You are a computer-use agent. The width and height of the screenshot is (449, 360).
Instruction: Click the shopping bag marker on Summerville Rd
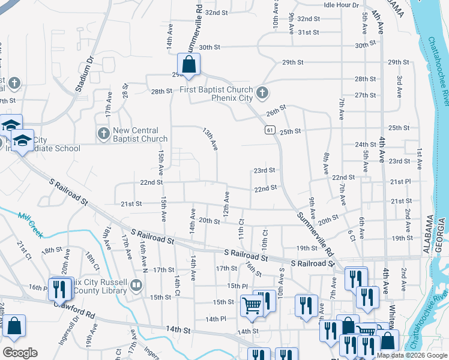[x=188, y=65]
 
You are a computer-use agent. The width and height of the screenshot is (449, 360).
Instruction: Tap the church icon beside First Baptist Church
[x=262, y=93]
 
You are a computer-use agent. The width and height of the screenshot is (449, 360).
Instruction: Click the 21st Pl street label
[x=400, y=181]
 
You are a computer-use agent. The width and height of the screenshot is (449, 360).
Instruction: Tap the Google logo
[x=20, y=353]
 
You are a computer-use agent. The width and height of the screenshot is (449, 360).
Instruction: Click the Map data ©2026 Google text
[x=412, y=355]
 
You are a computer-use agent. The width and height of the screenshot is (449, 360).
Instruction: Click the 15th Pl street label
[x=237, y=286]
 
